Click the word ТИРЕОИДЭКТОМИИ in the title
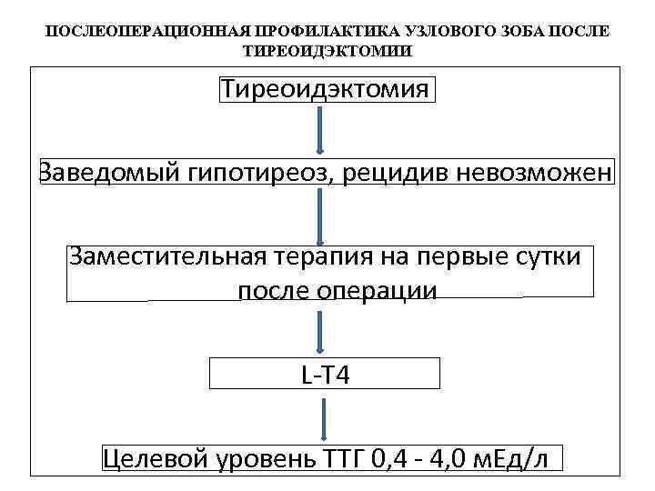[327, 51]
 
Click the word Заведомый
[108, 172]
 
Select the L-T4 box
[325, 373]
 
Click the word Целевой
[157, 457]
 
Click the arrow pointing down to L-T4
[319, 331]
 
